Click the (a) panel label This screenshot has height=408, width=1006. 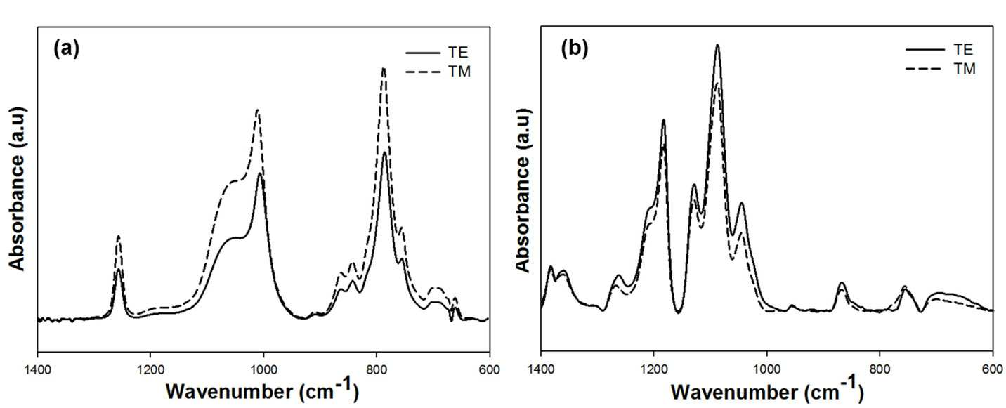(x=67, y=48)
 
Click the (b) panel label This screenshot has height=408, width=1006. (x=575, y=48)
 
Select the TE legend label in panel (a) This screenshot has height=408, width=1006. (x=457, y=53)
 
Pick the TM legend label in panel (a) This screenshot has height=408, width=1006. (x=459, y=72)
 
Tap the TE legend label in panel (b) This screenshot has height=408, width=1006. (x=962, y=49)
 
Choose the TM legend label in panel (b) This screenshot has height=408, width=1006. (x=965, y=69)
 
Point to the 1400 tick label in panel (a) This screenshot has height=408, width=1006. (x=38, y=370)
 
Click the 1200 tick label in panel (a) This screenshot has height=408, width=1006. (x=150, y=370)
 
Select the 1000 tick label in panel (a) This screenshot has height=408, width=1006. (x=263, y=370)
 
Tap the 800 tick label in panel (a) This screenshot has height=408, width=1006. (x=377, y=370)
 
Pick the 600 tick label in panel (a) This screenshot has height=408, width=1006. (x=490, y=370)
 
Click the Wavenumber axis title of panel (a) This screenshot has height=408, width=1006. (x=262, y=390)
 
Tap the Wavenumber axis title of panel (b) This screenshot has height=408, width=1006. (x=767, y=390)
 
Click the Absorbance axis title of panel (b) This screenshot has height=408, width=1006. (x=524, y=190)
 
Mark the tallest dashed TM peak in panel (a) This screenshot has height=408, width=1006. (x=384, y=69)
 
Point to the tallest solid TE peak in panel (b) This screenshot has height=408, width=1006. (x=718, y=45)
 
